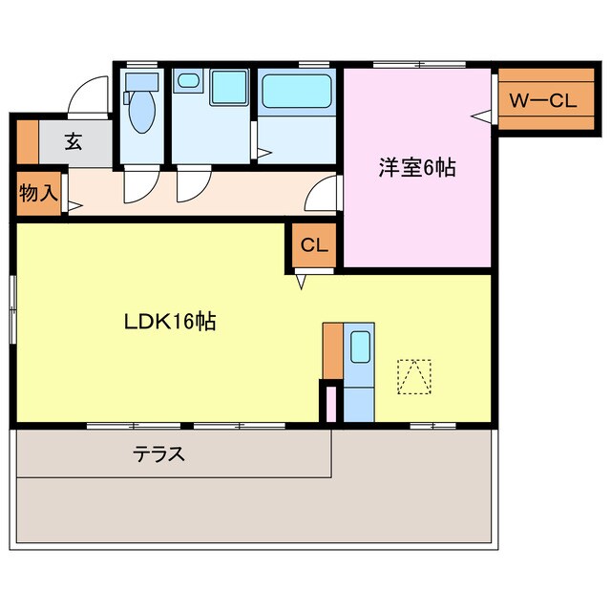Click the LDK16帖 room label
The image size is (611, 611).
click(170, 322)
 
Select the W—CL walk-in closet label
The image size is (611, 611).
click(541, 100)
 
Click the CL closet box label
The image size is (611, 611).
click(314, 245)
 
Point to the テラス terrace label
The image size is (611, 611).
click(158, 454)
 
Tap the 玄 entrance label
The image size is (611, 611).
click(74, 142)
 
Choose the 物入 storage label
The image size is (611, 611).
click(37, 193)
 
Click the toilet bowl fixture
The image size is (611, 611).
click(142, 111)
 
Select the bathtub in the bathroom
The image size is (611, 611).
click(297, 92)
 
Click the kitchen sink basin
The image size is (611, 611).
click(360, 348)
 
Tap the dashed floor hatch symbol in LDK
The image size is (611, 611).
click(413, 376)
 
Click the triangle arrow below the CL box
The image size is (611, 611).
click(302, 281)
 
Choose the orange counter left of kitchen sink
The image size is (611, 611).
click(331, 351)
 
